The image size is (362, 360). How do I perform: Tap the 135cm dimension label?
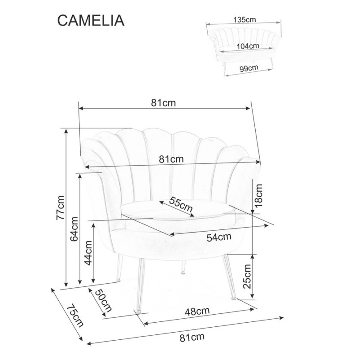point(244,19)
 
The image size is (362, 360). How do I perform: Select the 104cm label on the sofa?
point(249,46)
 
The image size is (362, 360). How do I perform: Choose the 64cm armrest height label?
point(74,229)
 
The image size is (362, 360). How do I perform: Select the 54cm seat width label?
point(219,237)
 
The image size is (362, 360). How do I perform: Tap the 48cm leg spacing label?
point(198,310)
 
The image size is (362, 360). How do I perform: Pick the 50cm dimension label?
point(103,301)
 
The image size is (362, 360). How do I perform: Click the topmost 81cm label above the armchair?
point(163,102)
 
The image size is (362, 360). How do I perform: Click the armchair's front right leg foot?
point(234,298)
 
